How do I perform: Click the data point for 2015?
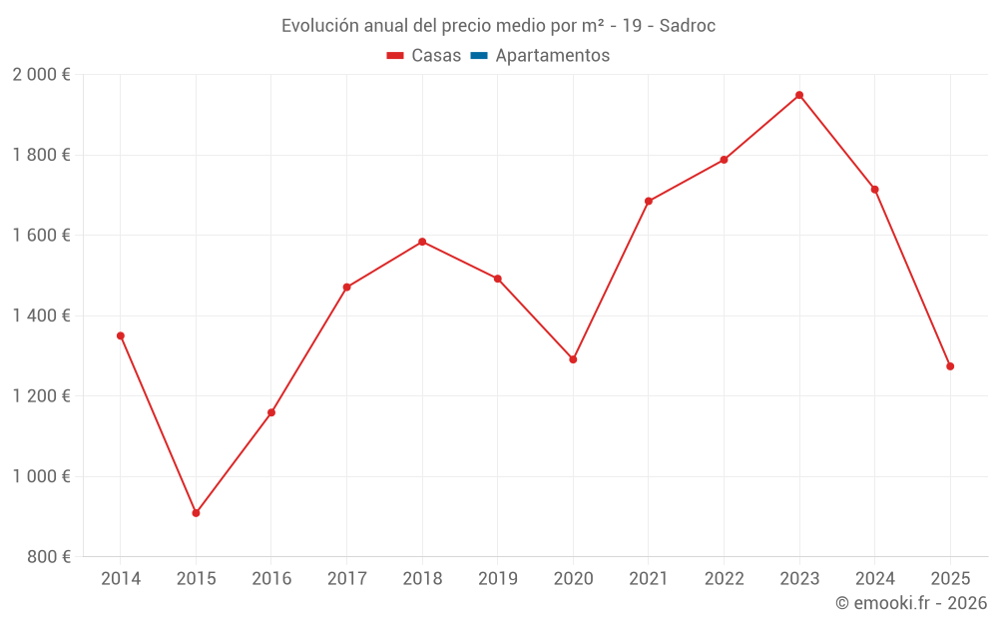(x=196, y=513)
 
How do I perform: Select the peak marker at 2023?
(x=799, y=95)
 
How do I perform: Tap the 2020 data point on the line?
(x=573, y=359)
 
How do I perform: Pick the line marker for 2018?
(x=422, y=242)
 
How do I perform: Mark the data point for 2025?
(x=950, y=366)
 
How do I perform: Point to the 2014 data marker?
(x=121, y=335)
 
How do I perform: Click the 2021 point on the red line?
(x=649, y=201)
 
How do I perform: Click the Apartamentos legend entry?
(x=552, y=56)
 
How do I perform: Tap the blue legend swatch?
(x=479, y=56)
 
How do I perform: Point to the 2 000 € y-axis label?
(x=41, y=75)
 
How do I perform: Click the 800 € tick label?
(x=48, y=557)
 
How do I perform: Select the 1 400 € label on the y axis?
(x=41, y=315)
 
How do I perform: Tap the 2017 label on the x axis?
(x=346, y=579)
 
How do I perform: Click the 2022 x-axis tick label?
(x=724, y=579)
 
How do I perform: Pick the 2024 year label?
(x=874, y=579)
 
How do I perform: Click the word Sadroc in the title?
(x=688, y=26)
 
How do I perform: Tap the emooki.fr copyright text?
(x=911, y=603)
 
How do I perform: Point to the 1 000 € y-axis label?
(x=41, y=476)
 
